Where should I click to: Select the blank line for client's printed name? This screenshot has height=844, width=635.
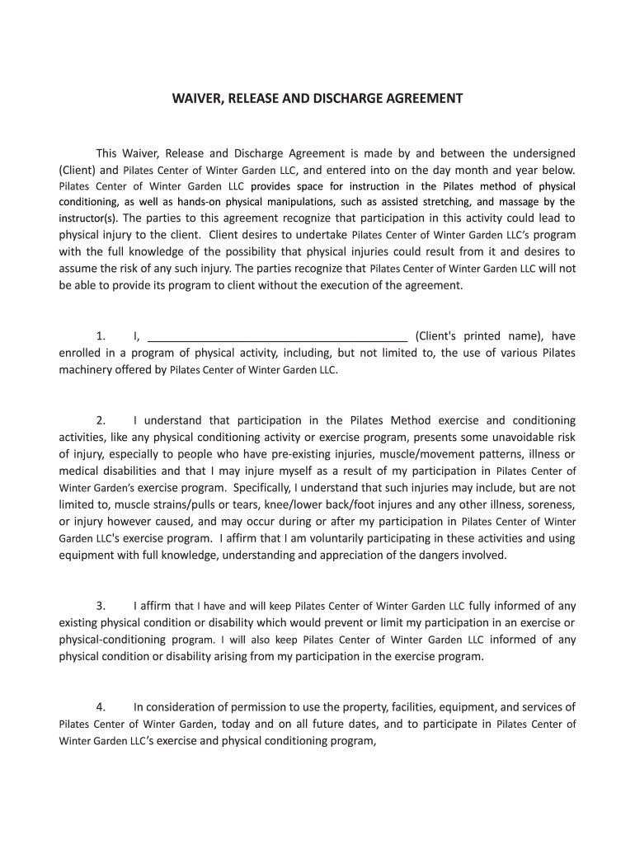(278, 336)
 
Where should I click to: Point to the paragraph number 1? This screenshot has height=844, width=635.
(101, 336)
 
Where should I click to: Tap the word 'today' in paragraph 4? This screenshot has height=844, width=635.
(238, 724)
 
